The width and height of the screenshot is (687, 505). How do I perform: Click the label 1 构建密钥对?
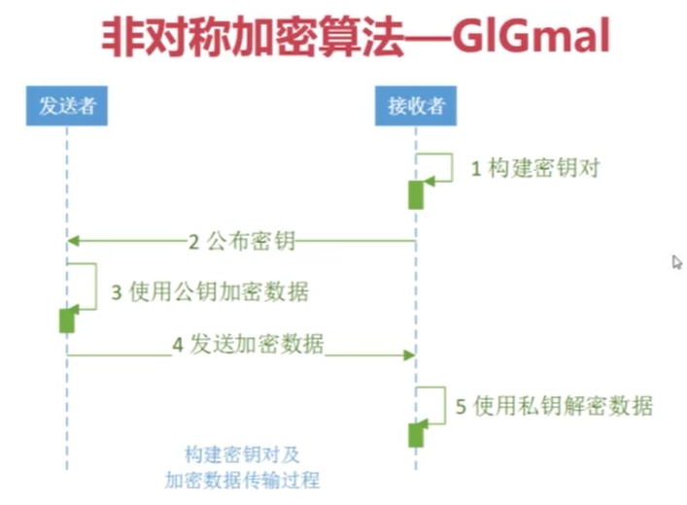535,168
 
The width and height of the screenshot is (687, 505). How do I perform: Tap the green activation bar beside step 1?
415,194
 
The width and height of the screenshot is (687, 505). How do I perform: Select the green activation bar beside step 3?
66,320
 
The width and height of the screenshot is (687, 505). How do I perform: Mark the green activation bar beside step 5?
415,434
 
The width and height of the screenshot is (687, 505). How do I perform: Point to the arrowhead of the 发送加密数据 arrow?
409,355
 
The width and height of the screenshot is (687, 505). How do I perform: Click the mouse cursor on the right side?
676,262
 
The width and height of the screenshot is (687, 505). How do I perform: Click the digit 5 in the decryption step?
461,406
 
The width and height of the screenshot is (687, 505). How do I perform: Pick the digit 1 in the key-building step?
476,168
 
